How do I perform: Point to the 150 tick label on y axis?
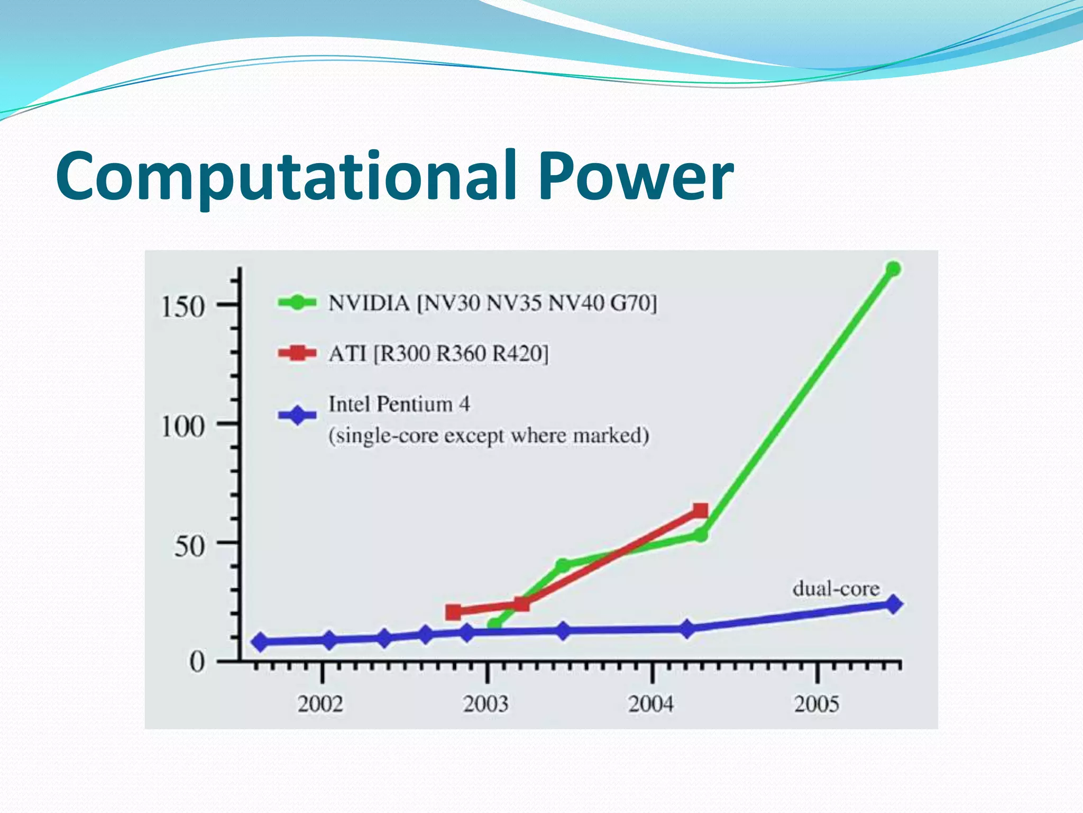(x=182, y=306)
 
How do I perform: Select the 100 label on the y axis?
(x=182, y=426)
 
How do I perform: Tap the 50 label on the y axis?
(x=189, y=546)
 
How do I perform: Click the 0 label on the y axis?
(x=197, y=662)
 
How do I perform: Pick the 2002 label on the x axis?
(x=320, y=704)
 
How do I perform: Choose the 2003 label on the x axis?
(x=485, y=704)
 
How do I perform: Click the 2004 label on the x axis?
(x=651, y=704)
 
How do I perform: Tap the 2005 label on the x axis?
(x=816, y=704)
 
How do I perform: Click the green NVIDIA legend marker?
(x=297, y=302)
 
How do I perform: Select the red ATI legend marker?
(x=297, y=353)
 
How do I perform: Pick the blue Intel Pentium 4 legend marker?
(x=297, y=415)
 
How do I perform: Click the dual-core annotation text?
(x=836, y=589)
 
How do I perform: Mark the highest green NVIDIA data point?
(x=893, y=269)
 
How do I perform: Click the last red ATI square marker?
(x=700, y=511)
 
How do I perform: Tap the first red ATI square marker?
(x=453, y=612)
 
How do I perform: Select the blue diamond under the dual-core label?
(x=893, y=604)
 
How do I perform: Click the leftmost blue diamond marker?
(x=260, y=642)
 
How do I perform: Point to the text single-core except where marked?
(x=489, y=436)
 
